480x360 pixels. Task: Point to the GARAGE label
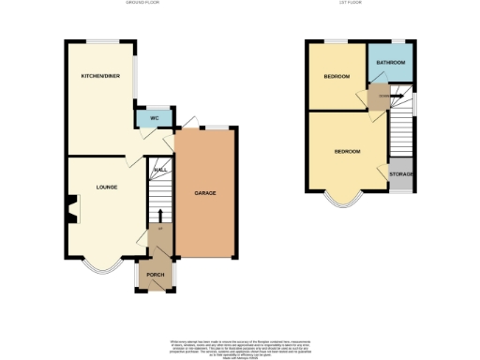[205, 193]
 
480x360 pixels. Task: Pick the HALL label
[160, 170]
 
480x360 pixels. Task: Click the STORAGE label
[401, 174]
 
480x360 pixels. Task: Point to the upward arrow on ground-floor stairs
[159, 216]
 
